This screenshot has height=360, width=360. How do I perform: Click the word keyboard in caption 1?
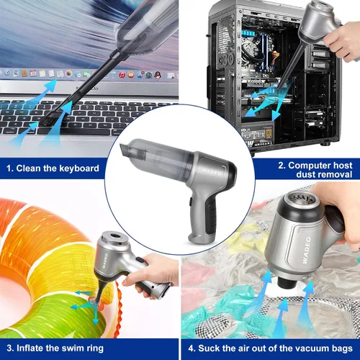tap(79, 168)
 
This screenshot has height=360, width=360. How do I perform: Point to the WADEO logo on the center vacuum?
tap(211, 171)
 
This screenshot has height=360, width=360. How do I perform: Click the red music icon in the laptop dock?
tap(122, 75)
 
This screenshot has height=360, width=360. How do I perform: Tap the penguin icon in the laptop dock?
tap(158, 75)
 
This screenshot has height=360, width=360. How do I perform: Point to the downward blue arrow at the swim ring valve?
tap(96, 316)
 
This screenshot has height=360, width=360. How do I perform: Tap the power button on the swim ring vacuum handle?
tap(140, 260)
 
